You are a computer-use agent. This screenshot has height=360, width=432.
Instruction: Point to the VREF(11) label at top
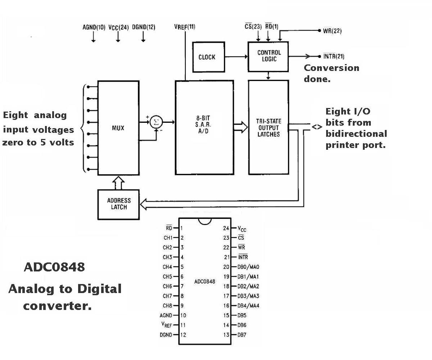[x=185, y=27]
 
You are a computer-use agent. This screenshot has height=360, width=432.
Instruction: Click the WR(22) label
[x=332, y=31]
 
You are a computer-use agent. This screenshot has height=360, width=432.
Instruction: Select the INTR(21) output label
[x=334, y=56]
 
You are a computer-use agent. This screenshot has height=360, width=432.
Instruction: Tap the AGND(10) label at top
[x=94, y=27]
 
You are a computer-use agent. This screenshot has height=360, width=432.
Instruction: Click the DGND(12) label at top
[x=144, y=27]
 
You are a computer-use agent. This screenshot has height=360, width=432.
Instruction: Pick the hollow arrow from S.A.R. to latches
[x=240, y=127]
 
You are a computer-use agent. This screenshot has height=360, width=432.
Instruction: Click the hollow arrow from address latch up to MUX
[x=118, y=183]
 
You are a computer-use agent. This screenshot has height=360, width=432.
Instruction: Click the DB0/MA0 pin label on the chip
[x=248, y=267]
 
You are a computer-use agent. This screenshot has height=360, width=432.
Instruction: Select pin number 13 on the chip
[x=226, y=335]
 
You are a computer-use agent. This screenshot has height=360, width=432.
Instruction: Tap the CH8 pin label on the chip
[x=167, y=306]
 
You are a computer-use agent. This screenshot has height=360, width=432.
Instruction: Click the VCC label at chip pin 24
[x=242, y=229]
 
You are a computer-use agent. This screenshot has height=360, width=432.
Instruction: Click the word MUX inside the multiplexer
[x=118, y=128]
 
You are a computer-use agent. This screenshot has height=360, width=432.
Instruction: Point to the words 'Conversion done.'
[x=332, y=73]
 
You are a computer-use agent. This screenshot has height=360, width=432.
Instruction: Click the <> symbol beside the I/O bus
[x=317, y=127]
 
